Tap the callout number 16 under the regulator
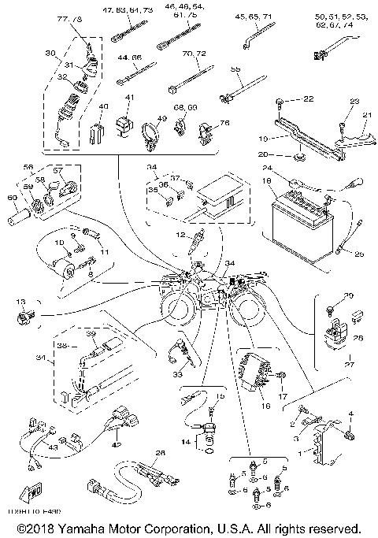[265, 407]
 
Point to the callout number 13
[20, 301]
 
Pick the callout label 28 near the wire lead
[161, 453]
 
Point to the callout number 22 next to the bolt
[307, 98]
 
